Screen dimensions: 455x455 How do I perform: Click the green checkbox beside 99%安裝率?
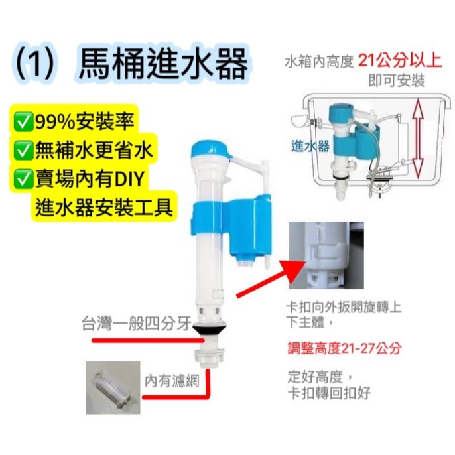tap(24, 122)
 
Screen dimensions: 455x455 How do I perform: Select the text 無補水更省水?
tap(92, 150)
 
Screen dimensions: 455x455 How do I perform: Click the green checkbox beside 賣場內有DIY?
tap(24, 178)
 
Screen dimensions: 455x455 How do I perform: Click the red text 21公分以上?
tap(400, 61)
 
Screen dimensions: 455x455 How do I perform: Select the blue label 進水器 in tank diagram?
tap(310, 147)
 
